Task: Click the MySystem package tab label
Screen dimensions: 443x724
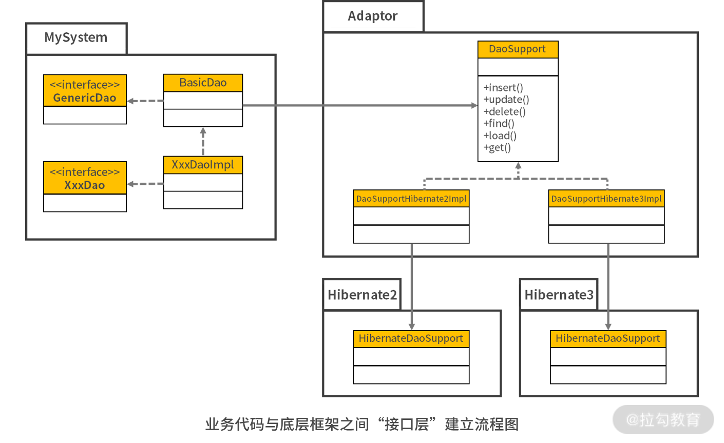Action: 76,37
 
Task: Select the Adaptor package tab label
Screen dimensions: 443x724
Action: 373,16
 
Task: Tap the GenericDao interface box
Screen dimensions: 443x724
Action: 85,91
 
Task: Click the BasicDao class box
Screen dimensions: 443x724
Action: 203,83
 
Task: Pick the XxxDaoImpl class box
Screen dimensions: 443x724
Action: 203,165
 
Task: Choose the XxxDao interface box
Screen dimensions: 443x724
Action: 85,178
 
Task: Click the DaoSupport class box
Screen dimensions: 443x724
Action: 518,49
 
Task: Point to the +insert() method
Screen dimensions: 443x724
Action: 503,87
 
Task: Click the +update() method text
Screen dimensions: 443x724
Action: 506,100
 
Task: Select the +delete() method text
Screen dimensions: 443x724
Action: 504,111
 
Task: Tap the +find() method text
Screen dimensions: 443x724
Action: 499,123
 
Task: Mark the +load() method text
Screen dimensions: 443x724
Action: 500,136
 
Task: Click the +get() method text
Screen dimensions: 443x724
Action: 497,148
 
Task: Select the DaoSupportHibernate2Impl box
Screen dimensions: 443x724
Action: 411,199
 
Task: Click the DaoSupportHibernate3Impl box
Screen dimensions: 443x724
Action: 606,199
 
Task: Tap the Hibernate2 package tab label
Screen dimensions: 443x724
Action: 362,295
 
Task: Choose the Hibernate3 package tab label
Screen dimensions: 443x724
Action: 559,295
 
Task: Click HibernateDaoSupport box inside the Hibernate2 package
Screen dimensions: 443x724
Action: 411,339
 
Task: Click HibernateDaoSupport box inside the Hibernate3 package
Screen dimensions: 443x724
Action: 608,339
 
